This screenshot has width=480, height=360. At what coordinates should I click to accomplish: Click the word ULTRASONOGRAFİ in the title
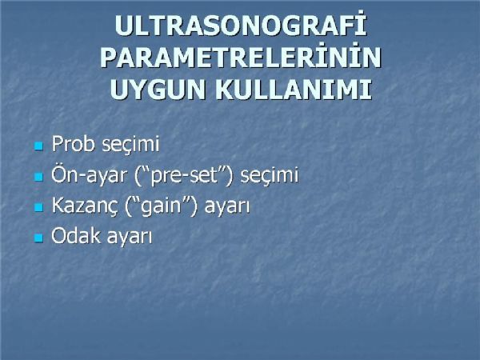click(x=241, y=26)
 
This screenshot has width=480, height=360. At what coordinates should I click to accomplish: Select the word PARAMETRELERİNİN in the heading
click(x=241, y=58)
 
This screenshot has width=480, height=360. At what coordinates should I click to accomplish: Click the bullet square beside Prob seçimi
click(x=38, y=146)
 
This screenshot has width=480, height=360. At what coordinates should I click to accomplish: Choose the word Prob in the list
click(x=73, y=143)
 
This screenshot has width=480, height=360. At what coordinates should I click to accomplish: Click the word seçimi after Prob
click(x=130, y=144)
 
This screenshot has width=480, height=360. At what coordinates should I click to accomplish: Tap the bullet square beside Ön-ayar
click(x=38, y=177)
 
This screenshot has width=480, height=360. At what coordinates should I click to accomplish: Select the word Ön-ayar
click(x=89, y=174)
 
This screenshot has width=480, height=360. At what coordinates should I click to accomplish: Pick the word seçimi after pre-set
click(x=270, y=174)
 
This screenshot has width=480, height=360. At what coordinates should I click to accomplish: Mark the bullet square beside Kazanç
click(x=38, y=207)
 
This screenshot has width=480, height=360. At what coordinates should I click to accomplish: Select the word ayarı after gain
click(x=227, y=206)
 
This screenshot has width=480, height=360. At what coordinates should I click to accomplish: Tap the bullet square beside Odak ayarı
click(x=38, y=238)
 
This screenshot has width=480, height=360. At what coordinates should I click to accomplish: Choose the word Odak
click(x=76, y=235)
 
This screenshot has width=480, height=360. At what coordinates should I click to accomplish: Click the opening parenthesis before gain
click(x=128, y=206)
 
